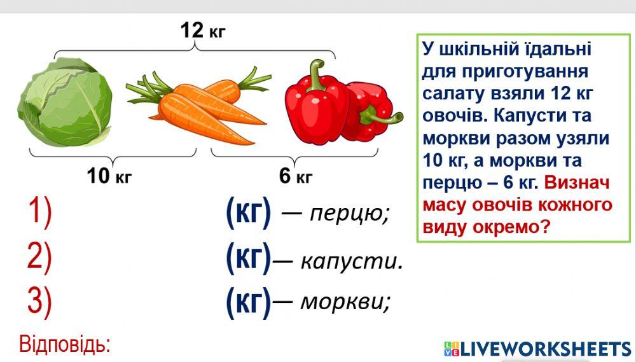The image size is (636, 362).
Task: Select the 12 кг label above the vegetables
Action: tap(202, 29)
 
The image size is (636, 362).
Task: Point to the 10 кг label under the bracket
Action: tap(109, 176)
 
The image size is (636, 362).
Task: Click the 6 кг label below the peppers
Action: tap(296, 176)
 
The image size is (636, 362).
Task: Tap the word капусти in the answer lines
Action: tap(350, 261)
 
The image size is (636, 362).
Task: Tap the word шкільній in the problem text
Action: tap(473, 49)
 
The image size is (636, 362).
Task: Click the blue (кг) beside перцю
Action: tap(249, 212)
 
